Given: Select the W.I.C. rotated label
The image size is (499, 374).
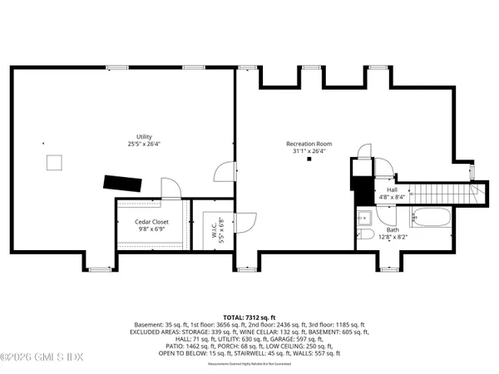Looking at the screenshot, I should click(x=211, y=226).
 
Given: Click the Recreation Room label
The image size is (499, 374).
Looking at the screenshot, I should click(x=308, y=143).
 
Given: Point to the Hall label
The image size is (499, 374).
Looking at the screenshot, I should click(x=392, y=189).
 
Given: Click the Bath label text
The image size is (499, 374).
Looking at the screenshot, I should click(x=393, y=229).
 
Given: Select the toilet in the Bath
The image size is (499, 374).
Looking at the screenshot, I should click(x=364, y=239).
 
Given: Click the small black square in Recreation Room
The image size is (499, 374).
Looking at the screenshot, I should click(x=309, y=160).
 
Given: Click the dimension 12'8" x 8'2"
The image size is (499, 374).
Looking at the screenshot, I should click(x=393, y=237).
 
